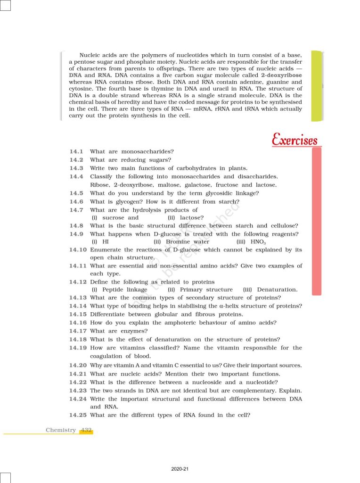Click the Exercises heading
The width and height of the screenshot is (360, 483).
295,140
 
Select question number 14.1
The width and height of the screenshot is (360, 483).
76,151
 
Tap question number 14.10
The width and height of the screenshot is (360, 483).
78,250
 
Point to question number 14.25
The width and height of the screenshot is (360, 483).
78,415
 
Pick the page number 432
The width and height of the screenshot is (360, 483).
86,430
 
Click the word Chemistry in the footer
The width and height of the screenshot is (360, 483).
61,430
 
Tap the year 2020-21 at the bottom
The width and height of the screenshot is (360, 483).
180,469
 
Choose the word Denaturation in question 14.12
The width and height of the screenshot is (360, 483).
278,290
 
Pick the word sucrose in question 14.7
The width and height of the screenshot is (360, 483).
113,217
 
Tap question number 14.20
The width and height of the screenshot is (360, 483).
78,366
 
